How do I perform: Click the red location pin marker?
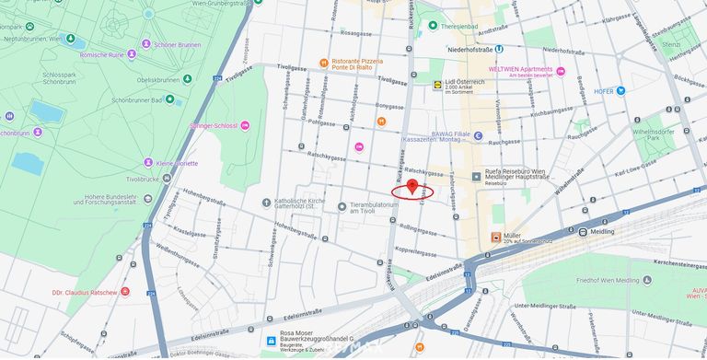tap(412, 186)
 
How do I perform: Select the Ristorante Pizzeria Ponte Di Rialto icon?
tap(323, 63)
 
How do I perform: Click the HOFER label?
tap(604, 90)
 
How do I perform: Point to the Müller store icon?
tap(496, 237)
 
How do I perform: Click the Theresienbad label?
tap(458, 27)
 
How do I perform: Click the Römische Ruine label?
tap(133, 54)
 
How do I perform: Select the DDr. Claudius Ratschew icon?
tap(125, 292)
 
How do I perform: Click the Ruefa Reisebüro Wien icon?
tap(476, 176)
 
